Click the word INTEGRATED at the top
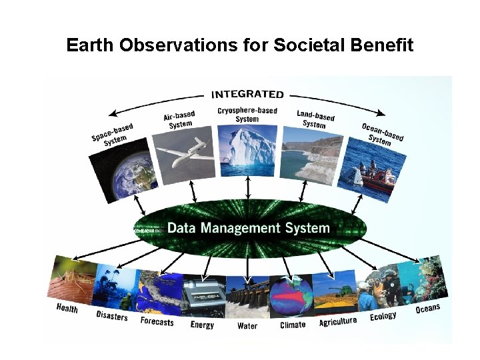click(247, 94)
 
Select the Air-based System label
click(180, 120)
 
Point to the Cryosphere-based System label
click(247, 115)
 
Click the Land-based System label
click(315, 119)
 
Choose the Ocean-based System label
click(382, 134)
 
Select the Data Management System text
click(248, 228)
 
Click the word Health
click(67, 308)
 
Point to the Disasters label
click(111, 316)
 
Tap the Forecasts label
click(157, 322)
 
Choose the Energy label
click(202, 325)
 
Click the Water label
click(247, 326)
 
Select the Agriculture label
click(338, 321)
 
